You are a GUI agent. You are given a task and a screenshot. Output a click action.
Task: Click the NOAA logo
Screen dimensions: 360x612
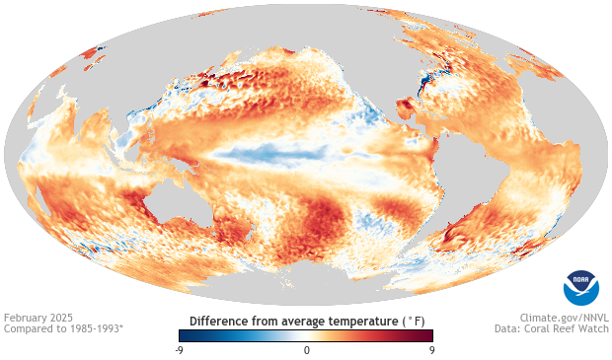click(x=580, y=286)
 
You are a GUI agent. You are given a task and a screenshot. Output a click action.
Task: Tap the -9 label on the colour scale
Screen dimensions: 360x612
click(x=178, y=350)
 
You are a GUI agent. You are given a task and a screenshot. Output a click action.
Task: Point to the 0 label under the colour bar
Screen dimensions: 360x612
click(x=306, y=350)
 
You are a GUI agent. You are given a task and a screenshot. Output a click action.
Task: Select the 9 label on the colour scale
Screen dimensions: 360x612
click(x=433, y=350)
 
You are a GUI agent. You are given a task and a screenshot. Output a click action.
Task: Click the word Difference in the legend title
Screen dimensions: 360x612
click(x=219, y=322)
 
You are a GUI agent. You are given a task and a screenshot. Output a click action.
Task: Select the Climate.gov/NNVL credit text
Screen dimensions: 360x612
click(x=564, y=319)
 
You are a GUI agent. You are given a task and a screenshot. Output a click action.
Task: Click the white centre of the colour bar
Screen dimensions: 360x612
click(x=306, y=335)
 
